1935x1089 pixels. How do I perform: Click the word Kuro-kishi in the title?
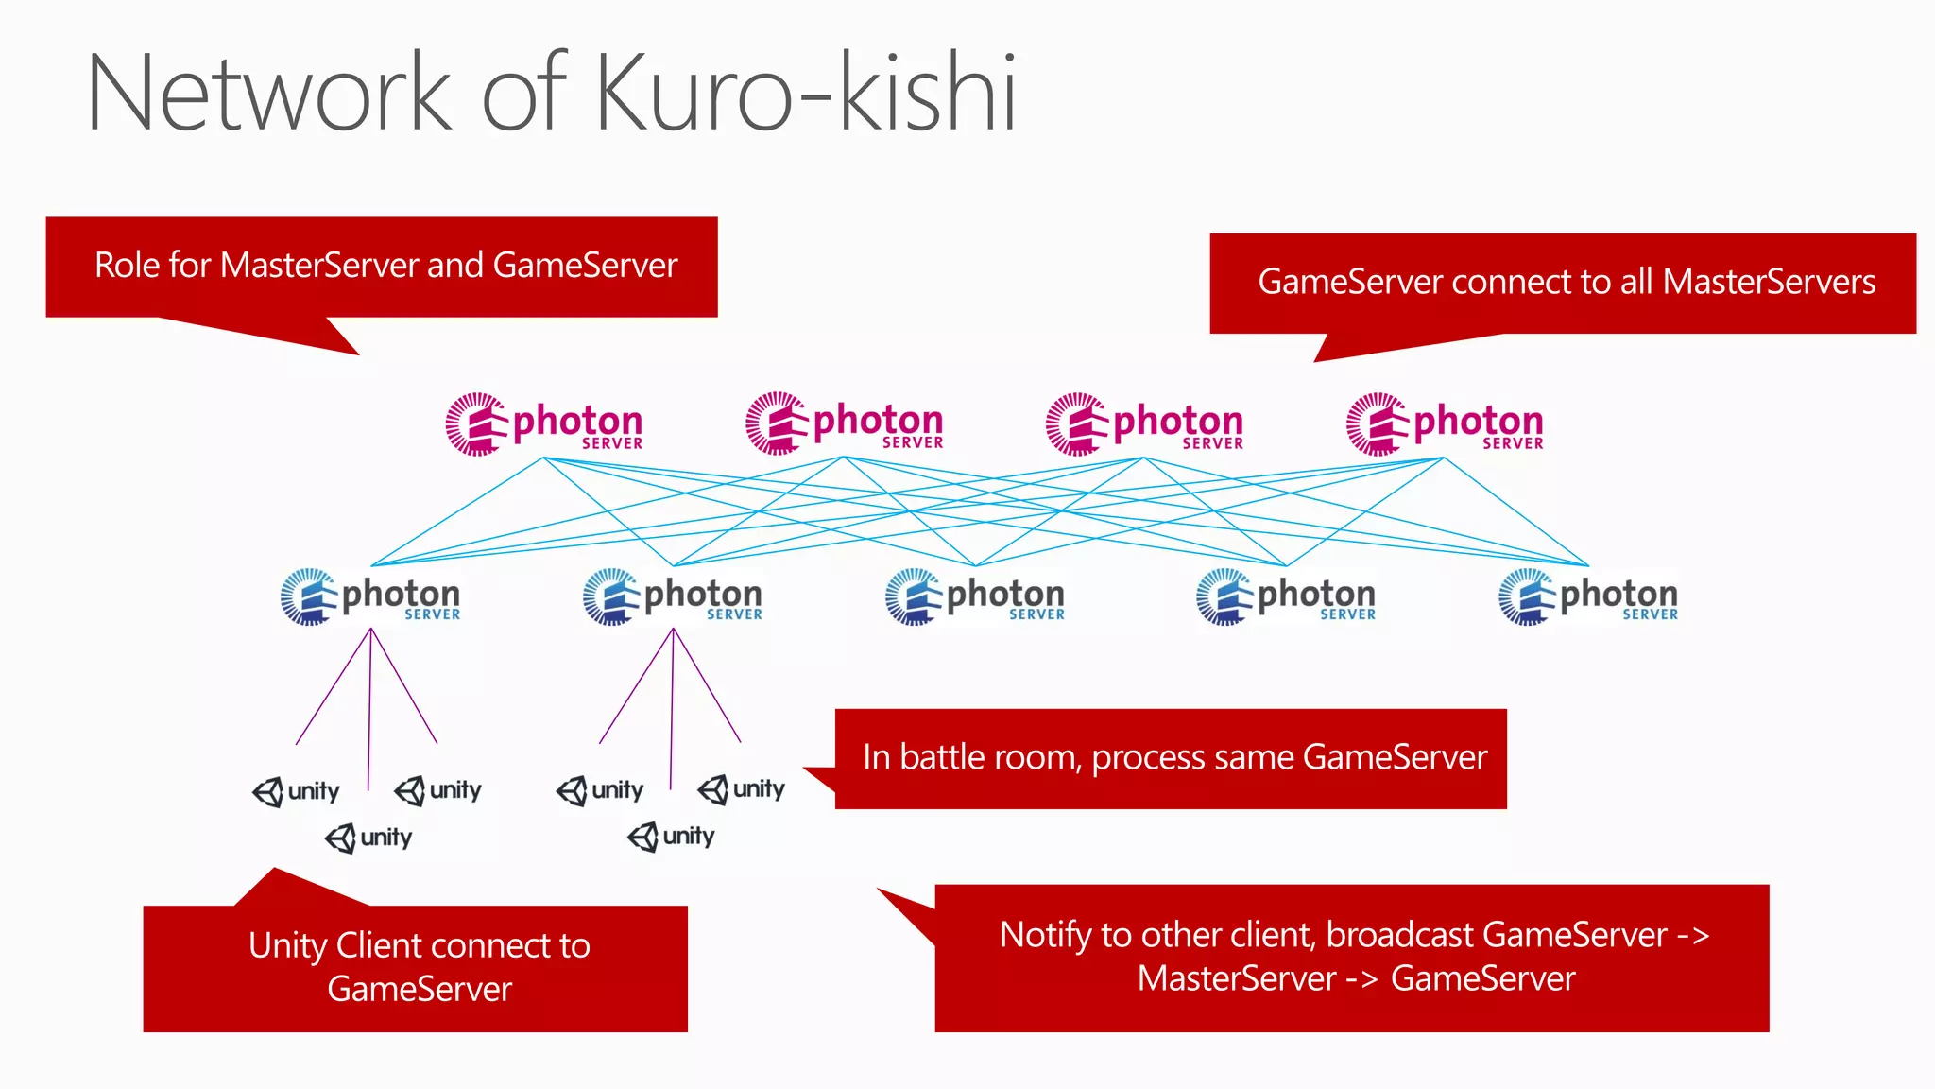806,93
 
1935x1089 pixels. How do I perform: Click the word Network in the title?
270,93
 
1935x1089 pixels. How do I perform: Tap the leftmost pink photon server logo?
544,424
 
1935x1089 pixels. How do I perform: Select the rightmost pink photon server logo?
1445,424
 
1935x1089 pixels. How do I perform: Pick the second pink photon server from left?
845,424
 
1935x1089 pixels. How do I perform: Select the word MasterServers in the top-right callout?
1769,282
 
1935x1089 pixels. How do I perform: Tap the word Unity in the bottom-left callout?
287,945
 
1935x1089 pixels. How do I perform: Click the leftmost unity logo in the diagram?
296,791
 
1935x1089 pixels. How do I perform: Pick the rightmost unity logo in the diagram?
742,789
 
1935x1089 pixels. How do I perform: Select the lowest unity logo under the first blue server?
368,838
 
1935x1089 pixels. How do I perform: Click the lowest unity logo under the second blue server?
671,837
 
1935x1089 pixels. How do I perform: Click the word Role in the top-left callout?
128,266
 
